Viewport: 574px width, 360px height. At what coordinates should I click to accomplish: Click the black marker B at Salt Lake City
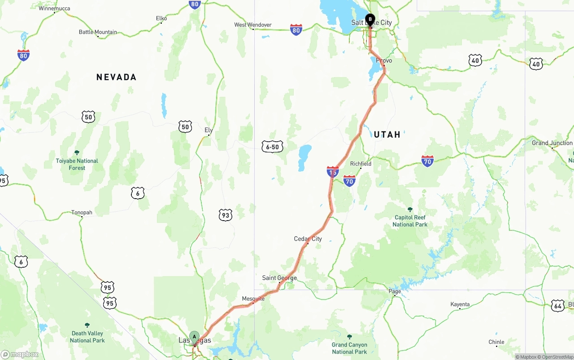click(370, 19)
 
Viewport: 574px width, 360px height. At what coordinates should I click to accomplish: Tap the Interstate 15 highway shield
click(333, 171)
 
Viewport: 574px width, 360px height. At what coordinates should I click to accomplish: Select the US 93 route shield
click(226, 215)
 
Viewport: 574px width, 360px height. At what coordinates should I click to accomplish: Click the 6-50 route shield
click(272, 147)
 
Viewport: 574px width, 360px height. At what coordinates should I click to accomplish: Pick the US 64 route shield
click(558, 305)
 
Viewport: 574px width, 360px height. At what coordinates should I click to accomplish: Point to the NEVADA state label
click(116, 77)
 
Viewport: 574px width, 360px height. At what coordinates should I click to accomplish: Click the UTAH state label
click(387, 134)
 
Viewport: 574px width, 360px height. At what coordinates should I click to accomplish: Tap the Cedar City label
click(308, 239)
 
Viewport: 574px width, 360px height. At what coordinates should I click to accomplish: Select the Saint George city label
click(279, 278)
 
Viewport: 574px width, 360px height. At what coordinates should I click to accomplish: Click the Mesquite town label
click(253, 299)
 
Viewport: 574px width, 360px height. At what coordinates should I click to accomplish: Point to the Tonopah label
click(82, 213)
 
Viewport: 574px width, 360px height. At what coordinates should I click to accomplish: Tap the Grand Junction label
click(552, 143)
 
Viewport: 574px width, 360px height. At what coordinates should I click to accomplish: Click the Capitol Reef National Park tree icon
click(409, 209)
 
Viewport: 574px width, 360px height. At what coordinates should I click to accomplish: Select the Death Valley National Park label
click(87, 337)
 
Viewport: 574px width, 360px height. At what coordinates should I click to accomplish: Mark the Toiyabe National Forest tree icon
click(77, 153)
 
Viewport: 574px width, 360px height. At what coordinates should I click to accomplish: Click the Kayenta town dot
click(460, 308)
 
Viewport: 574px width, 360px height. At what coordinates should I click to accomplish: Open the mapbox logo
click(20, 354)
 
